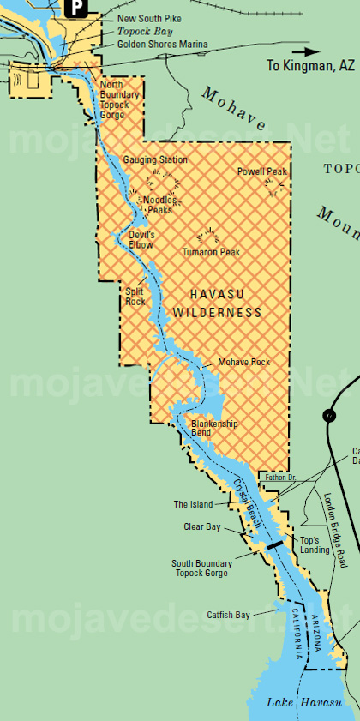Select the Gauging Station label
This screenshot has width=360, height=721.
pos(155,159)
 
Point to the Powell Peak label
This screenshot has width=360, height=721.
pos(261,171)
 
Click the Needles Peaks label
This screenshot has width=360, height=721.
pos(158,205)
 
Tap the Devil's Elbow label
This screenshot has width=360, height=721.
pos(141,239)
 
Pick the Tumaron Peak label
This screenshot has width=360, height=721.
pos(211,252)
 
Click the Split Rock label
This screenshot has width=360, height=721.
pos(135,297)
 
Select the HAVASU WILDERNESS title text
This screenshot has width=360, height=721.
pos(218,302)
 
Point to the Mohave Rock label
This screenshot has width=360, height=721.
pos(244,362)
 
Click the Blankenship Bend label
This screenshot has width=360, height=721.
pos(214,428)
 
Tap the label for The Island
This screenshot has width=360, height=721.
pos(193,504)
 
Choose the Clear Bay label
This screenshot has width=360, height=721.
pos(202,526)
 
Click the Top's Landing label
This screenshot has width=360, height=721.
pos(315,545)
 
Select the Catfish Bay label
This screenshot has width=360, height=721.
pos(228,615)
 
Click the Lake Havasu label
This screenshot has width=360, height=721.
pos(295,703)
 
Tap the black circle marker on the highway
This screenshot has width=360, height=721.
pos(328,416)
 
